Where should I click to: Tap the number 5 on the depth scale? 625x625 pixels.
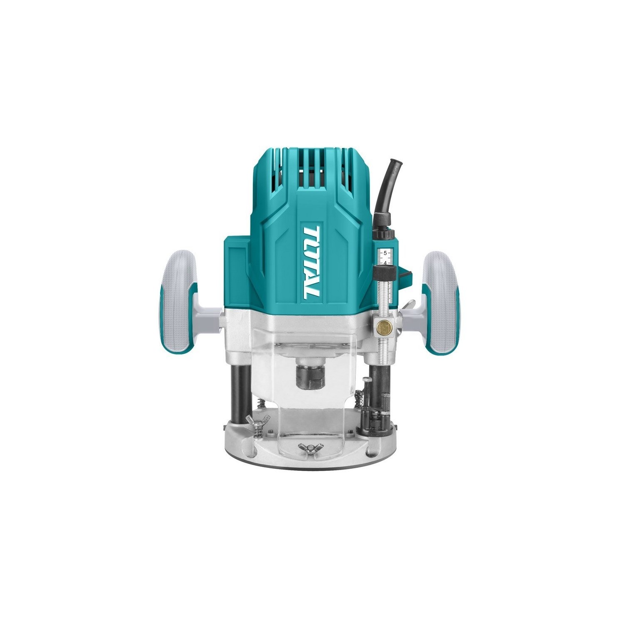[x=385, y=253]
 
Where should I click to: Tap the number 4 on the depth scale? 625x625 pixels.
[x=385, y=263]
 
